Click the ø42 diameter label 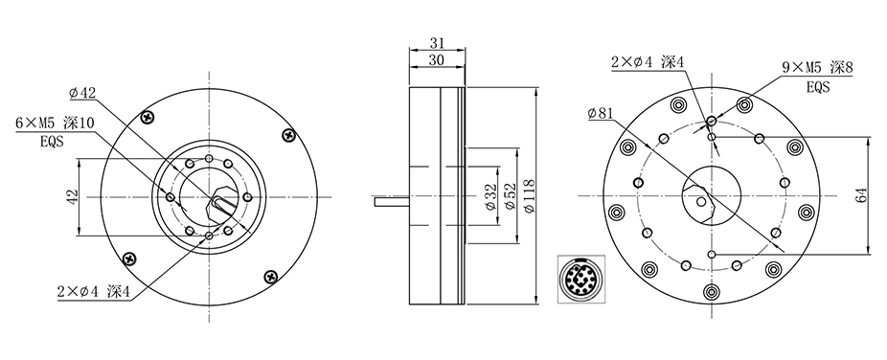coord(82,93)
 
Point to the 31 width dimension coord(438,42)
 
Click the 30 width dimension coord(436,60)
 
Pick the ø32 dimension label coord(491,196)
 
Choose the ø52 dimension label coord(510,196)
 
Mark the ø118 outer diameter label coord(529,196)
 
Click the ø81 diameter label coord(601,114)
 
